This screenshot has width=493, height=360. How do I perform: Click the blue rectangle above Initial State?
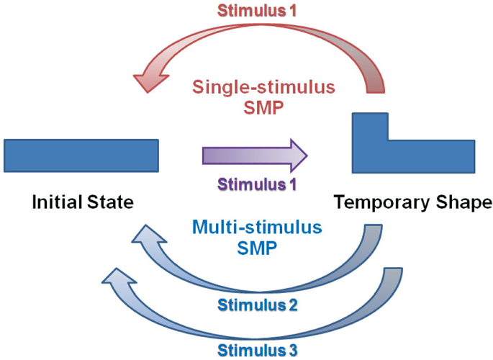tap(81, 156)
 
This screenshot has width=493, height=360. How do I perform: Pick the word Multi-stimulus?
tap(256, 229)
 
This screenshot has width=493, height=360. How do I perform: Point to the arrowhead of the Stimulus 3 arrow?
tap(117, 277)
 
